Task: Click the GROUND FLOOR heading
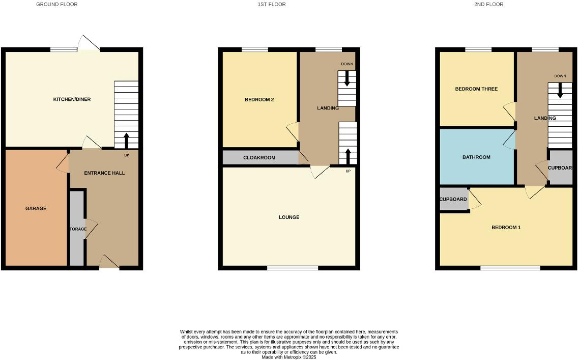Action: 57,5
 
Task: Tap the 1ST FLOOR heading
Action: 272,5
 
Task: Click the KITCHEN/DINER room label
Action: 72,99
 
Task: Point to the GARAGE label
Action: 36,208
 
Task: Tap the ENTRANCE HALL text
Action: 104,173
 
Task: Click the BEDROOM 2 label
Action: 259,100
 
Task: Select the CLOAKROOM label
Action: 259,158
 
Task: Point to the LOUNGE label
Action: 289,217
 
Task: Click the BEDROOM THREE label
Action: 476,89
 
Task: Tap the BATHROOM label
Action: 476,157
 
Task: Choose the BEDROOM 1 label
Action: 506,228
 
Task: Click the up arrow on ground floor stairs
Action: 126,140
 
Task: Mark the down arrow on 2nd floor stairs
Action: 560,91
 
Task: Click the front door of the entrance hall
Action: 109,263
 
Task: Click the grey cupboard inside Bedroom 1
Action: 453,199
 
